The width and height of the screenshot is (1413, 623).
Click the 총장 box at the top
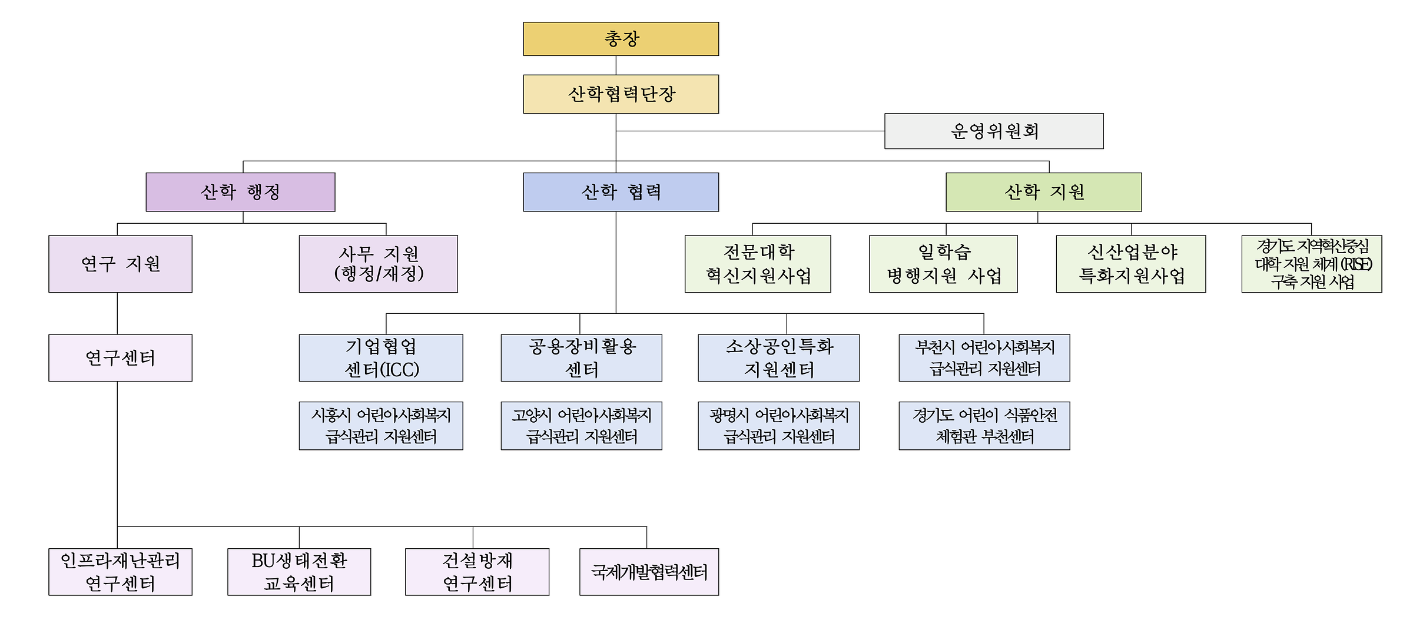[621, 39]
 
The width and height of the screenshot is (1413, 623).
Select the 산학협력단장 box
[621, 94]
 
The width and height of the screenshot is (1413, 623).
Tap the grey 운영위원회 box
[993, 131]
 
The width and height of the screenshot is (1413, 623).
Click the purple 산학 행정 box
[240, 192]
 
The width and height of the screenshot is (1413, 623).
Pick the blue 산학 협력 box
[621, 192]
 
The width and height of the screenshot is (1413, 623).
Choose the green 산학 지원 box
[1043, 192]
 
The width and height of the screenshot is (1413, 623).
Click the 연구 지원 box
[120, 264]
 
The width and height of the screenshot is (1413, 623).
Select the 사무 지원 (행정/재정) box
[378, 264]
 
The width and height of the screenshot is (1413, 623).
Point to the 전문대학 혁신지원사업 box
[758, 264]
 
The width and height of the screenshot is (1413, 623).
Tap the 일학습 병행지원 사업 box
[943, 264]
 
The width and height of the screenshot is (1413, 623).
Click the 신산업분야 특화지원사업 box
[1130, 264]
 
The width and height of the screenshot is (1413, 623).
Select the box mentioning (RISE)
[1311, 264]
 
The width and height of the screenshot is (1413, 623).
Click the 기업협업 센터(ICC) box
[380, 358]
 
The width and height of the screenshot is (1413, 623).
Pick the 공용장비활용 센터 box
[581, 358]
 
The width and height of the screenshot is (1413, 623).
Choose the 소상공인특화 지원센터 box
[778, 358]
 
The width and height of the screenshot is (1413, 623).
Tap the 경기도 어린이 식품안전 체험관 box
[984, 426]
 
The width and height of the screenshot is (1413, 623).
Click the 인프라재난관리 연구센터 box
[120, 572]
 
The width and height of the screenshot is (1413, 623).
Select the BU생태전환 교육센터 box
[299, 572]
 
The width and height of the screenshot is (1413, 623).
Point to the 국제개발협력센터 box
[649, 572]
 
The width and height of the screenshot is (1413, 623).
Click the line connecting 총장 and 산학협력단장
[616, 65]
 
